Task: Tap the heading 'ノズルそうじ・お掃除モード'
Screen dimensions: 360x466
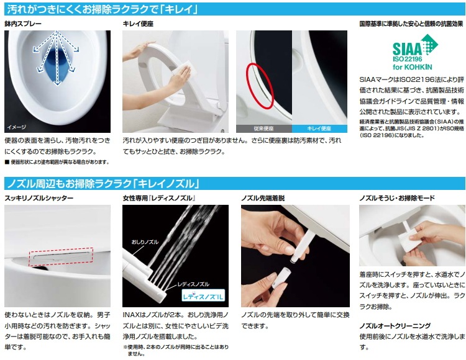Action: (397, 198)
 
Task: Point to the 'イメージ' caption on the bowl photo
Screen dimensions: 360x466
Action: (17, 127)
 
